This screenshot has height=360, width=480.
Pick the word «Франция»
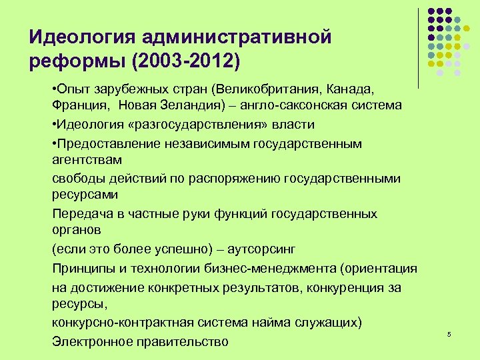(x=78, y=105)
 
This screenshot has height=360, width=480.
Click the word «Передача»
(x=79, y=214)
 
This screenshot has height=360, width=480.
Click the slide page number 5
(x=449, y=333)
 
